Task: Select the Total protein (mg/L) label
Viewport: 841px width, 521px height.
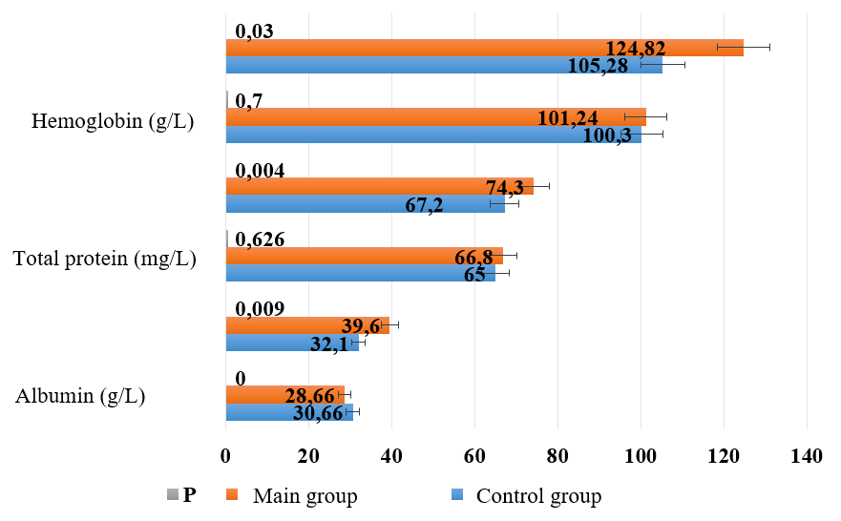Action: point(105,259)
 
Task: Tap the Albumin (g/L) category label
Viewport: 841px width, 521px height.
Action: point(80,397)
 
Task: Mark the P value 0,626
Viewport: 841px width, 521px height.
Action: point(260,239)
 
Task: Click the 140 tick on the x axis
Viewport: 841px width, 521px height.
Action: point(806,458)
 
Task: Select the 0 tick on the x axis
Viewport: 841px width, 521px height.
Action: point(226,458)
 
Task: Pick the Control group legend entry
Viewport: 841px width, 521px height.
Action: point(537,496)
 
